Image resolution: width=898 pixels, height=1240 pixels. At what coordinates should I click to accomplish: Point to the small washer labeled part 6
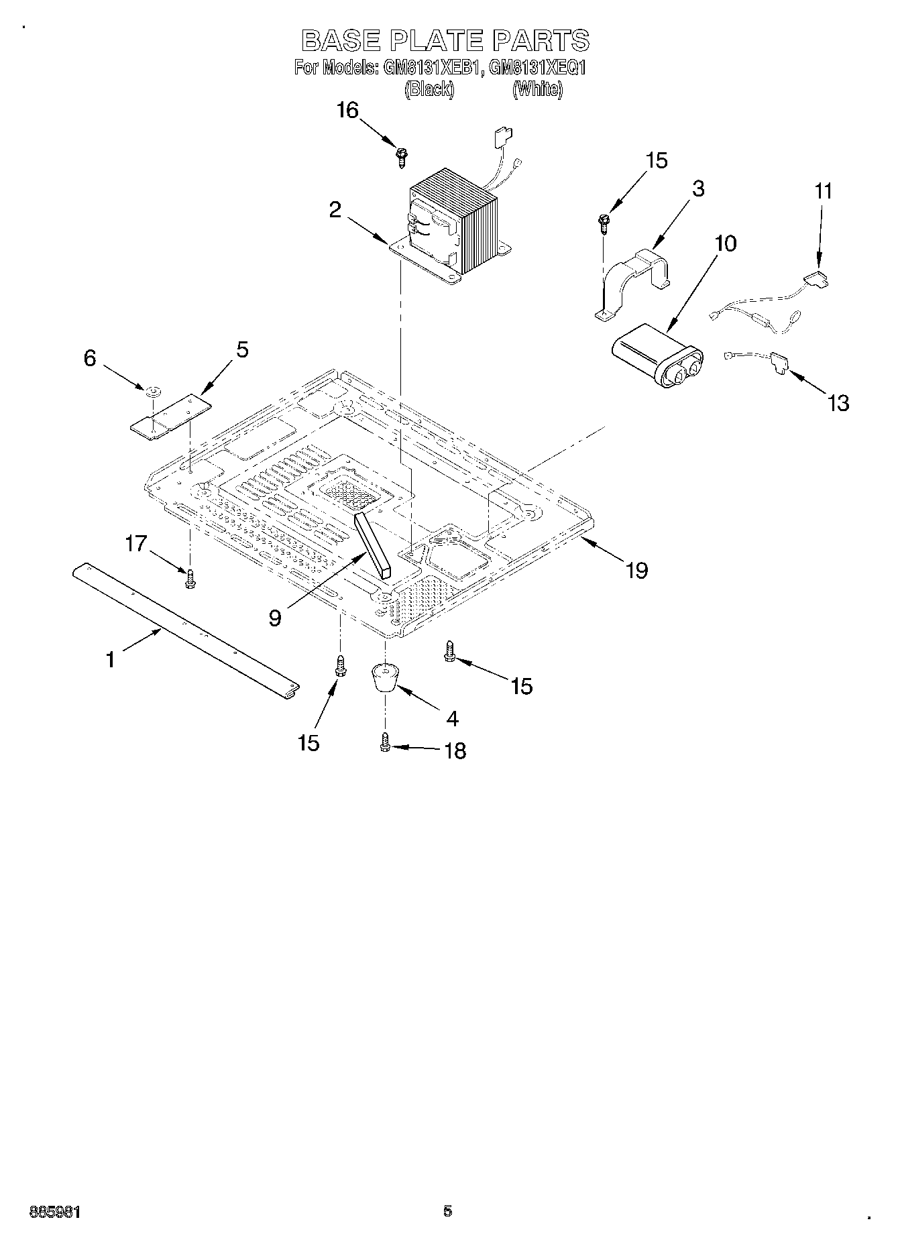tap(154, 390)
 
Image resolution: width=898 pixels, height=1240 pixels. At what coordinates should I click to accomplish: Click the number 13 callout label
tap(838, 403)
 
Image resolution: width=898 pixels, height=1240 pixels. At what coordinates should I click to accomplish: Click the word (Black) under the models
tap(429, 89)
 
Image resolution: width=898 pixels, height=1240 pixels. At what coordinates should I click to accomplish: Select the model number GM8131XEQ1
tap(537, 68)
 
